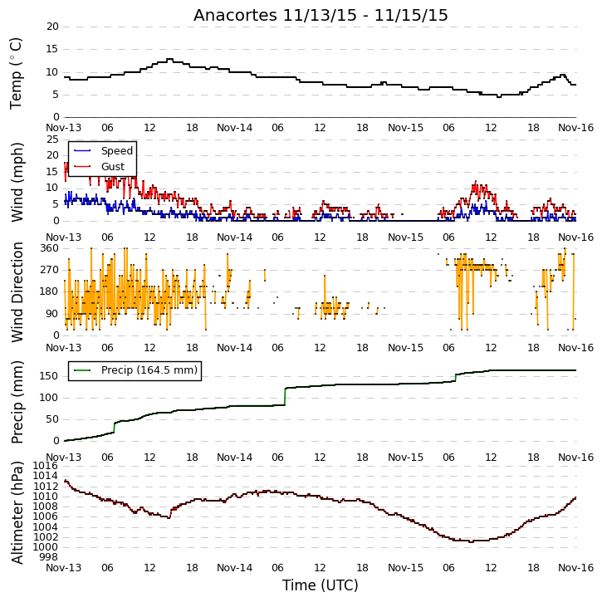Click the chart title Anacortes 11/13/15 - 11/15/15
click(x=321, y=16)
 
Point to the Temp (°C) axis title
click(x=16, y=73)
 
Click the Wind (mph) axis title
click(x=17, y=182)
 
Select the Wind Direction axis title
click(x=17, y=292)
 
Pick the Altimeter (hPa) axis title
click(x=17, y=513)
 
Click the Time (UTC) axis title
click(x=321, y=585)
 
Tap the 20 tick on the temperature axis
click(x=52, y=27)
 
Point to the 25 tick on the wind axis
click(x=52, y=139)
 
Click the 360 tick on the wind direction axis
click(x=50, y=248)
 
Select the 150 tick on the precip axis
click(x=50, y=376)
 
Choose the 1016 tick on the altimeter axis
click(x=46, y=466)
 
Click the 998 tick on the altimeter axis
click(x=49, y=556)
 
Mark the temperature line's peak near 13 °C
click(x=169, y=59)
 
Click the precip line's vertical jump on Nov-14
click(x=285, y=397)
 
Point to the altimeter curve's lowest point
click(x=471, y=541)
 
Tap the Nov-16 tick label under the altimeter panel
click(x=576, y=567)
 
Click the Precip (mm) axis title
click(x=17, y=403)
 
